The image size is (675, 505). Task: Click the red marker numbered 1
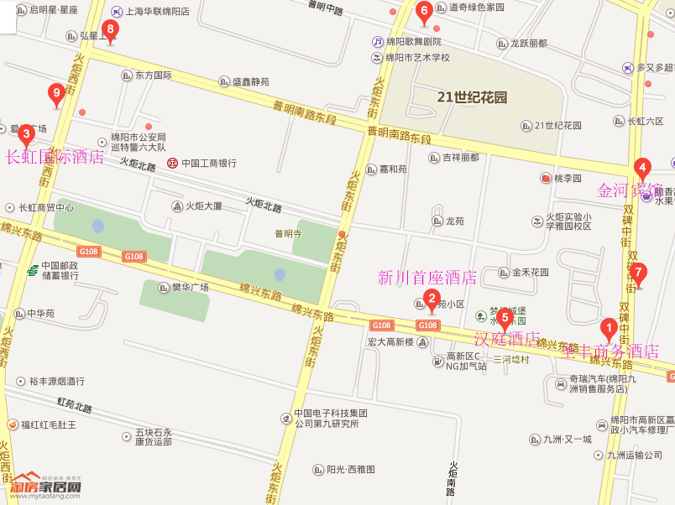[x=609, y=330]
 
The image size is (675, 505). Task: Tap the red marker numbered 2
[x=431, y=298]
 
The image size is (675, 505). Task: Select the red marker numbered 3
[x=26, y=134]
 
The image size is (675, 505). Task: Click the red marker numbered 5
[x=505, y=318]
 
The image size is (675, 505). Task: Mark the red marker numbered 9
[x=57, y=94]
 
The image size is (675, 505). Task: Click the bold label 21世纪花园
[x=472, y=97]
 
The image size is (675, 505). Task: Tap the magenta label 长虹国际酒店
[x=55, y=157]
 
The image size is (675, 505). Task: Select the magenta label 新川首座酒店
[x=427, y=278]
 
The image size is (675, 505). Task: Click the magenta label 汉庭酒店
[x=507, y=339]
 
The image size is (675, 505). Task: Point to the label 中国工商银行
[x=208, y=163]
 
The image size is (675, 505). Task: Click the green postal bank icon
[x=32, y=270]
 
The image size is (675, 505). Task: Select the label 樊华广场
[x=190, y=287]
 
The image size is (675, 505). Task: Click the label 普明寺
[x=288, y=234]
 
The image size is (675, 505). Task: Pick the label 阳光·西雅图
[x=350, y=470]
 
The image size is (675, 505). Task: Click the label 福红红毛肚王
[x=49, y=424]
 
